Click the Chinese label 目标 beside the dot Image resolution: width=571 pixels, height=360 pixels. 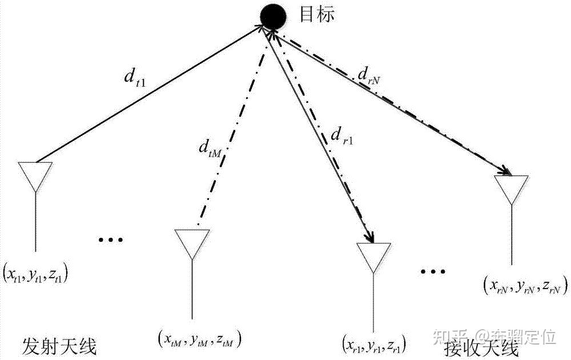317,13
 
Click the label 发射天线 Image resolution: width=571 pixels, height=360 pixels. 59,345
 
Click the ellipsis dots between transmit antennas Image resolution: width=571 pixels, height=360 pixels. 111,239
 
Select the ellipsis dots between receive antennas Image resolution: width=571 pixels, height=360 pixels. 432,271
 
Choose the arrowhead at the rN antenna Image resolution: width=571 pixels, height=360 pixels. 505,170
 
